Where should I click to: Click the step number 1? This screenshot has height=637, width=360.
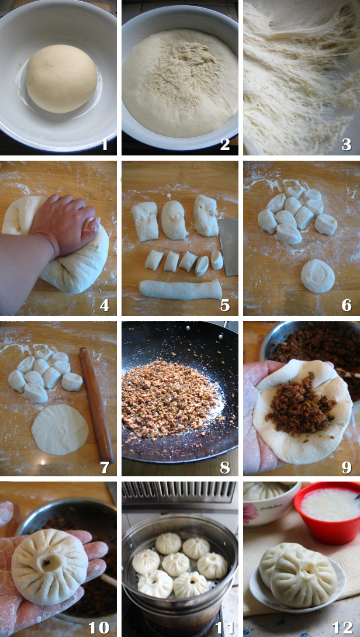(x=105, y=144)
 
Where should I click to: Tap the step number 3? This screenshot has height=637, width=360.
(x=346, y=144)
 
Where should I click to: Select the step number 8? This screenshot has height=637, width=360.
(x=225, y=467)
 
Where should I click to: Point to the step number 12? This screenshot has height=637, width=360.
(x=342, y=628)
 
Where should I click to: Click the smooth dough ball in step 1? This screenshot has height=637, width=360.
(x=61, y=78)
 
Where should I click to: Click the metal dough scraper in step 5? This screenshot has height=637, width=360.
(x=229, y=247)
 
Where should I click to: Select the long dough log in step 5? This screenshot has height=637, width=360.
(x=181, y=290)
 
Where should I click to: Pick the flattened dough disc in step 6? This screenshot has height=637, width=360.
(x=317, y=276)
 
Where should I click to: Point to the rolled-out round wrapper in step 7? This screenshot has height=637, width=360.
(x=60, y=430)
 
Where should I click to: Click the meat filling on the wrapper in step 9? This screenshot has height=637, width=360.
(x=301, y=404)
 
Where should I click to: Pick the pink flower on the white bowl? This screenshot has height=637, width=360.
(x=250, y=513)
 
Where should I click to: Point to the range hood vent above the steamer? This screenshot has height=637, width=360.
(x=179, y=492)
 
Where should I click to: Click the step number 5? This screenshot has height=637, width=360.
(x=225, y=304)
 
